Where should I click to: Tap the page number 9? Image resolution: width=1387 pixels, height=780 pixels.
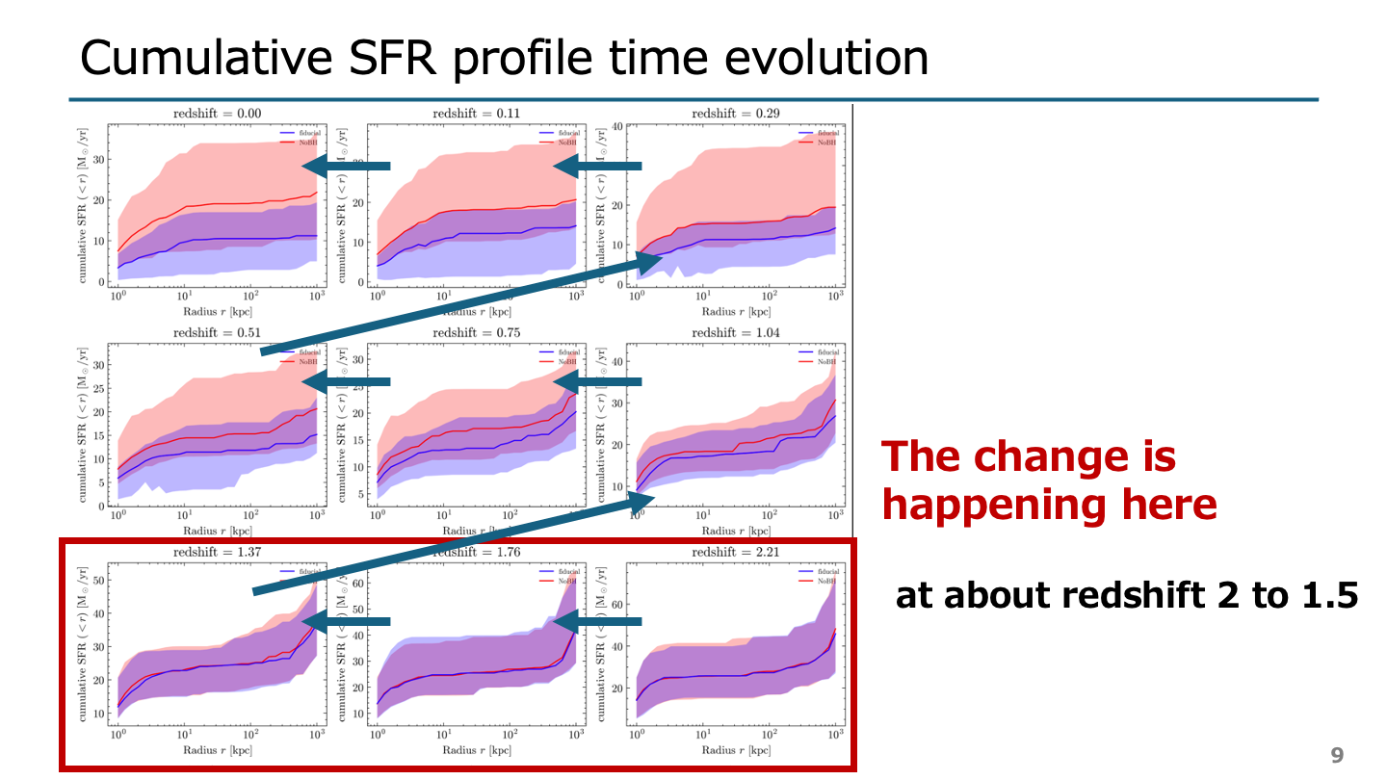click(1336, 755)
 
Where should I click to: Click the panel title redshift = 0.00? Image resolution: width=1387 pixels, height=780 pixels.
click(217, 114)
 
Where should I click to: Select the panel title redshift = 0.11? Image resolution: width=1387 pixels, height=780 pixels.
click(475, 114)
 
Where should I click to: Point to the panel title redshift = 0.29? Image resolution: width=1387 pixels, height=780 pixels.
click(734, 114)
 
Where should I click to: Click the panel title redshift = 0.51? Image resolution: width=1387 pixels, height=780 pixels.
click(217, 332)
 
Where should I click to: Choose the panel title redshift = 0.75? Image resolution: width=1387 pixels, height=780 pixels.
click(475, 332)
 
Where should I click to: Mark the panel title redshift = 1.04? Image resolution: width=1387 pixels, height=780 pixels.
click(734, 332)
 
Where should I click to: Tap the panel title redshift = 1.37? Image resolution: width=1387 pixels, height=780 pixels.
click(217, 552)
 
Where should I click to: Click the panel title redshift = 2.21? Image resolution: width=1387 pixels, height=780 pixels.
click(734, 552)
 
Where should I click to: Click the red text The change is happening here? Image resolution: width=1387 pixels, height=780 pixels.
click(1049, 480)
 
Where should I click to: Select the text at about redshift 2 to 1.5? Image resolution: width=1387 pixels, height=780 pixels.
click(1126, 596)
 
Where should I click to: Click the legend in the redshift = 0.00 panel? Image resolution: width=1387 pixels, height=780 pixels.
click(298, 137)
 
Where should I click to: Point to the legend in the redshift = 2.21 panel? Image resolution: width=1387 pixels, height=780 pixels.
click(818, 576)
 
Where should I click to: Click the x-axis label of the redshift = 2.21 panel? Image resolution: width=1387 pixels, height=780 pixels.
click(735, 750)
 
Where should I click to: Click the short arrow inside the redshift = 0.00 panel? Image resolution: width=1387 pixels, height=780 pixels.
click(346, 167)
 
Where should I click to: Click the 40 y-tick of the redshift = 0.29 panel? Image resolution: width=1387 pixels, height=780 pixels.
click(618, 126)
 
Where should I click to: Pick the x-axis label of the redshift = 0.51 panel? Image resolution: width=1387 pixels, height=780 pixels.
click(217, 531)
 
